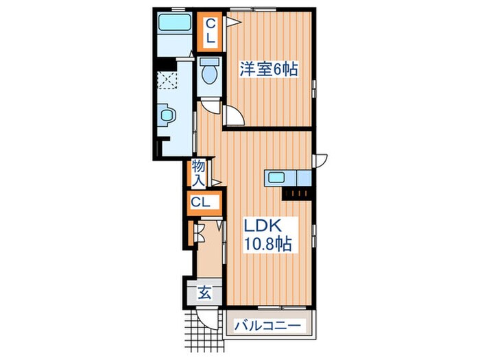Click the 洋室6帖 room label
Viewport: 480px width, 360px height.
(267, 69)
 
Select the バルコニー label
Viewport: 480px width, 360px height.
(270, 326)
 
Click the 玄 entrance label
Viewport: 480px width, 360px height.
(204, 293)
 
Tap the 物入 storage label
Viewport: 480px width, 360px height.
(198, 173)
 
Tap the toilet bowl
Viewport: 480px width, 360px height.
(208, 72)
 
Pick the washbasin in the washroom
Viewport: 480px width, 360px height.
(165, 117)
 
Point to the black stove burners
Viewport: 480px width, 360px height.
(296, 192)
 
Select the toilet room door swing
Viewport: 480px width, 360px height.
(210, 106)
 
